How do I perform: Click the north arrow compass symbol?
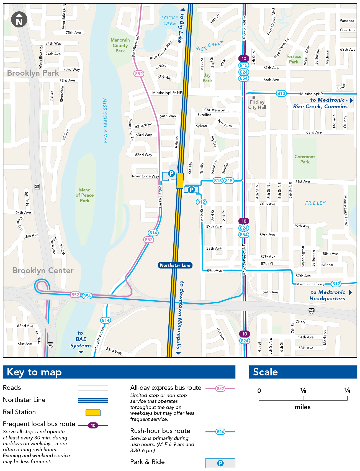pyautogui.click(x=19, y=19)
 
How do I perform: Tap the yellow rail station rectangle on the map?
pyautogui.click(x=180, y=181)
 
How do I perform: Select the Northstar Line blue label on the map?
pyautogui.click(x=175, y=265)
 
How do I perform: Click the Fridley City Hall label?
pyautogui.click(x=257, y=105)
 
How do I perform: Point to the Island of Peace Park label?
pyautogui.click(x=85, y=195)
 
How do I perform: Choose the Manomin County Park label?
pyautogui.click(x=120, y=45)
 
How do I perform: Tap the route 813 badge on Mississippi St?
pyautogui.click(x=281, y=93)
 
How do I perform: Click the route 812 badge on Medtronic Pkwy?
pyautogui.click(x=336, y=284)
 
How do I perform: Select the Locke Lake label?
pyautogui.click(x=169, y=21)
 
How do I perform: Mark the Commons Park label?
pyautogui.click(x=305, y=159)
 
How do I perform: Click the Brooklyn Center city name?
pyautogui.click(x=43, y=270)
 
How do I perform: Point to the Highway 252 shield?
pyautogui.click(x=37, y=187)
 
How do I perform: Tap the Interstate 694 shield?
pyautogui.click(x=312, y=311)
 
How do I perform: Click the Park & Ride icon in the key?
pyautogui.click(x=220, y=463)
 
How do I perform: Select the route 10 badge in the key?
pyautogui.click(x=93, y=425)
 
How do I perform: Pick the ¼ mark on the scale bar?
pyautogui.click(x=347, y=390)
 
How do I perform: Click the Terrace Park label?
pyautogui.click(x=294, y=59)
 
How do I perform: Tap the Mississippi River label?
pyautogui.click(x=105, y=121)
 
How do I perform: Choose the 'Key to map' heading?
pyautogui.click(x=34, y=372)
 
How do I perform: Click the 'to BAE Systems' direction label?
pyautogui.click(x=81, y=339)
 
